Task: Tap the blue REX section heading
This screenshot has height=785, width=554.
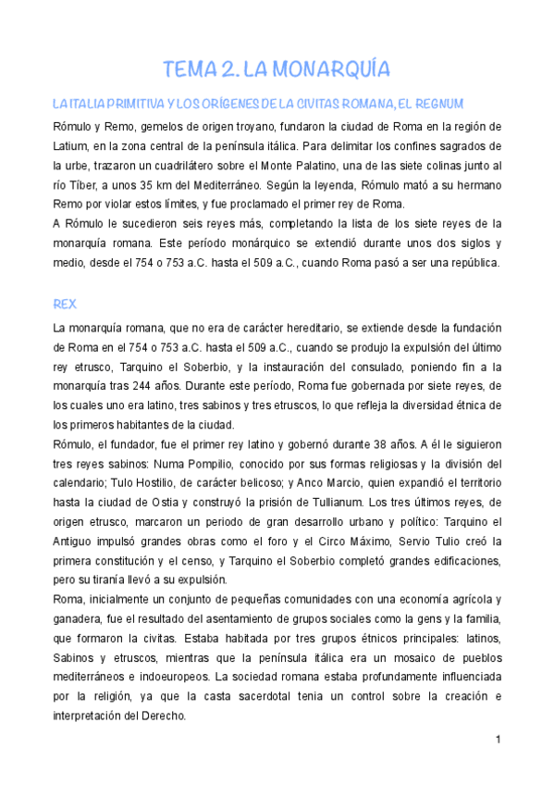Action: tap(66, 304)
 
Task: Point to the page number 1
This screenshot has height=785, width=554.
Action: tap(498, 740)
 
